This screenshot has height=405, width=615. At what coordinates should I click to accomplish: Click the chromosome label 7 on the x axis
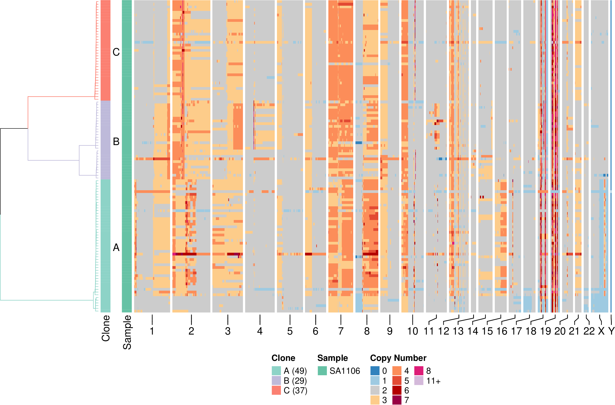click(x=341, y=331)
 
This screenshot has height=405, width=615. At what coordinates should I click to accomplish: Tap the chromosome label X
click(x=601, y=331)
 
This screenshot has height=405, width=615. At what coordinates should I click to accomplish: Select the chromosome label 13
click(x=458, y=331)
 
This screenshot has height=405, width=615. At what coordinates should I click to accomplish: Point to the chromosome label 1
click(x=152, y=331)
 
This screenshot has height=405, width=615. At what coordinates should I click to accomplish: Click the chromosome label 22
click(x=589, y=331)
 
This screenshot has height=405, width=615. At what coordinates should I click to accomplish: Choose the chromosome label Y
click(x=611, y=331)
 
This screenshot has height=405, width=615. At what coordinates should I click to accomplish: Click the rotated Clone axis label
click(x=106, y=328)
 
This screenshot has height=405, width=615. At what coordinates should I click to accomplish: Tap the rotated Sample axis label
click(x=127, y=332)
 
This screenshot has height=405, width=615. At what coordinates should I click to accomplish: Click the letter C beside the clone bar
click(x=116, y=52)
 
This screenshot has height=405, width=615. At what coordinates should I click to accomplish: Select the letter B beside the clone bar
click(x=116, y=142)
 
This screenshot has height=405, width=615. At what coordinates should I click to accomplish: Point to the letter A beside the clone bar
click(x=116, y=248)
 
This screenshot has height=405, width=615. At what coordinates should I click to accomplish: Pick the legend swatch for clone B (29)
click(x=276, y=380)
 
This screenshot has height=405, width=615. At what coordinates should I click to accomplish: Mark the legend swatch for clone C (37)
click(x=276, y=390)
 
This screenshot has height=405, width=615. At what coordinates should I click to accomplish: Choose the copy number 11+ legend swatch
click(x=419, y=380)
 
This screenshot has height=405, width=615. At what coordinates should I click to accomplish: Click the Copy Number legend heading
click(x=398, y=358)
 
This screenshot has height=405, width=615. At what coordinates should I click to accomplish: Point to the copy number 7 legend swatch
click(x=397, y=400)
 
